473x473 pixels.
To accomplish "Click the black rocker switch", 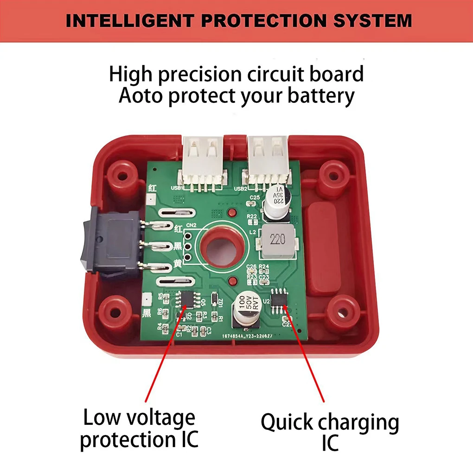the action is [112, 243].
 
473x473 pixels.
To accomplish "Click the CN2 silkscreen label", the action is [191, 226].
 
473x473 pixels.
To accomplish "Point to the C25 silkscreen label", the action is [254, 198].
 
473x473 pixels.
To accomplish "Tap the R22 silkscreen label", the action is [252, 217].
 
